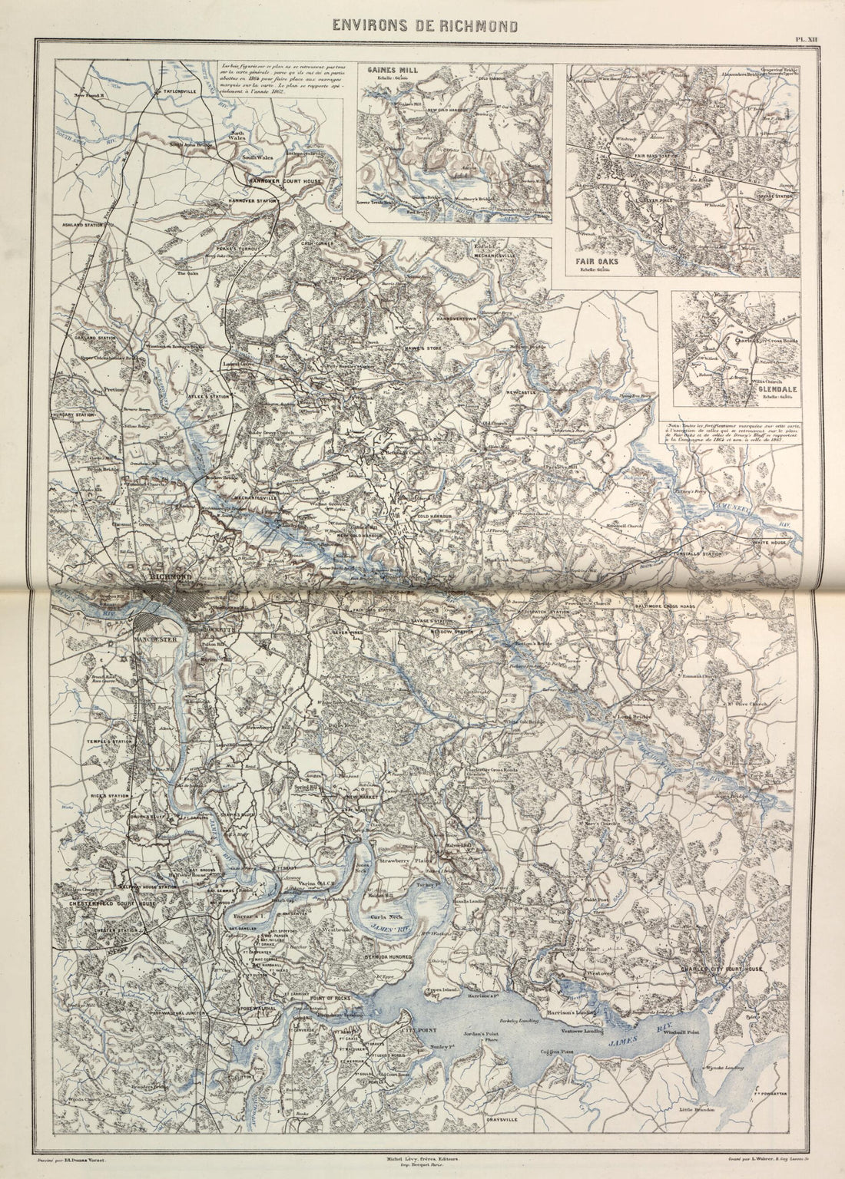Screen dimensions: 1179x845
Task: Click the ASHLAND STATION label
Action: [81, 225]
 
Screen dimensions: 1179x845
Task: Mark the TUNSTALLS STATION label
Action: [696, 552]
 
